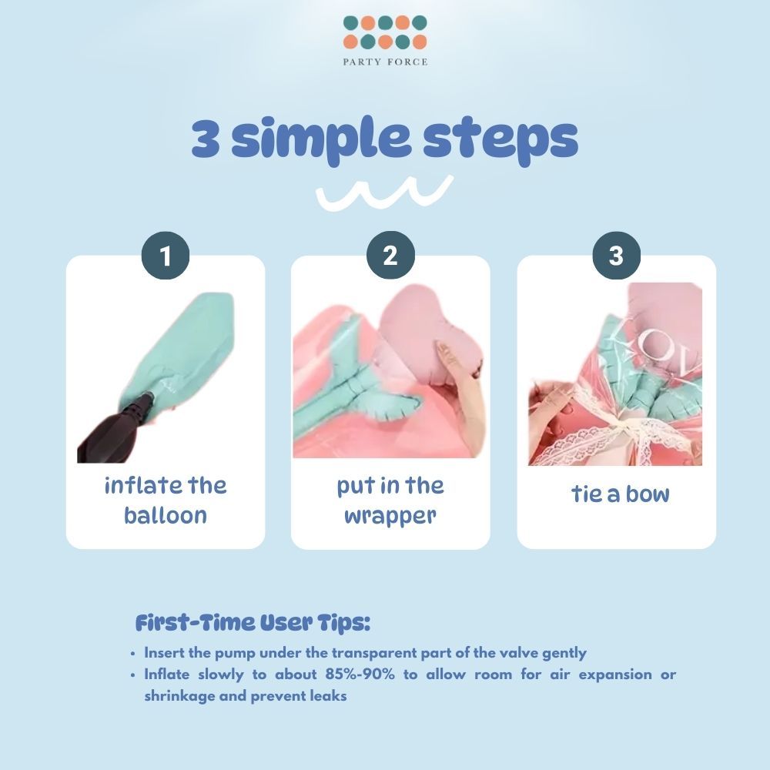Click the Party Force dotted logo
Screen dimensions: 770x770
(385, 32)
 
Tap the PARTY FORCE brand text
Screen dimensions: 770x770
(385, 62)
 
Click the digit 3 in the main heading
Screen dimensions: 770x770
(206, 139)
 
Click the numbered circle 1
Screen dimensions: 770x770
(166, 256)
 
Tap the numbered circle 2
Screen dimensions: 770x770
(390, 256)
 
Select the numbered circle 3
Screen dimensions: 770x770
(616, 256)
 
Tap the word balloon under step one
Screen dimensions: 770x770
(166, 516)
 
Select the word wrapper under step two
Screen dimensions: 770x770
(390, 517)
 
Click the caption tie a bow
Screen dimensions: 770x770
(620, 494)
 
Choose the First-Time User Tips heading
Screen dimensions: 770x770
(253, 623)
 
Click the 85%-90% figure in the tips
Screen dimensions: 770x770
(360, 675)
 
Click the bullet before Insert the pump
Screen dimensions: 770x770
(133, 654)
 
